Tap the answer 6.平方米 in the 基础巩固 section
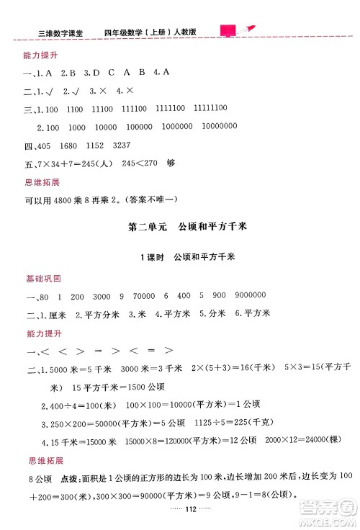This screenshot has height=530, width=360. tap(253, 313)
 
